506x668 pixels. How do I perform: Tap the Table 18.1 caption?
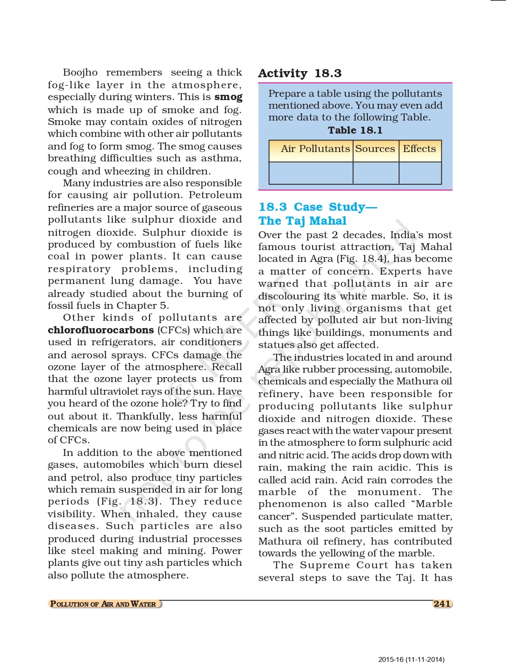pos(355,130)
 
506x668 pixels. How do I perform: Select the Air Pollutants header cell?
pos(315,149)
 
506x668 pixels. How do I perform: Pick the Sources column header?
pos(375,149)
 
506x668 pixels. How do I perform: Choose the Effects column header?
pos(419,149)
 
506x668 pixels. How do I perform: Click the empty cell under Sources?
pos(376,173)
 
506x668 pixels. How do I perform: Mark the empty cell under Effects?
pos(420,173)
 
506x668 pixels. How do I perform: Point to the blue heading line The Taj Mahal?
pos(302,221)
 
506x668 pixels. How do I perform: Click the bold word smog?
pos(228,97)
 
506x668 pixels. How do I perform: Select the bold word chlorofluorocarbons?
pos(101,330)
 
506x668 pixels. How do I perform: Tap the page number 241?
pos(442,604)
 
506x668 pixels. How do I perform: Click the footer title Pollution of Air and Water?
pos(103,604)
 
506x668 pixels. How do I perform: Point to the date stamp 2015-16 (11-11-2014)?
pos(411,659)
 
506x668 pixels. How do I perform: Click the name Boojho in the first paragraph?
pos(80,73)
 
